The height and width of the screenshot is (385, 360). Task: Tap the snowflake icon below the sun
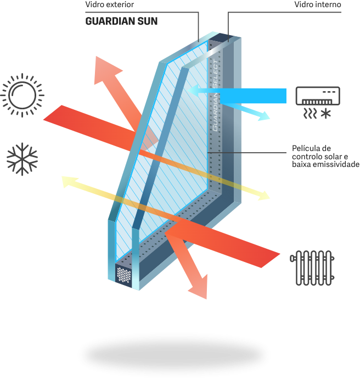pyautogui.click(x=22, y=159)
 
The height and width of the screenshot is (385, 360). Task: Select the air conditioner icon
pyautogui.click(x=318, y=96)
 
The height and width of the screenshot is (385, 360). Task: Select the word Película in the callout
pyautogui.click(x=303, y=148)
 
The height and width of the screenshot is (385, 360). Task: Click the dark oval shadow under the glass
pyautogui.click(x=175, y=352)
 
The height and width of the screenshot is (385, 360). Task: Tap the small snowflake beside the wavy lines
pyautogui.click(x=328, y=114)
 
